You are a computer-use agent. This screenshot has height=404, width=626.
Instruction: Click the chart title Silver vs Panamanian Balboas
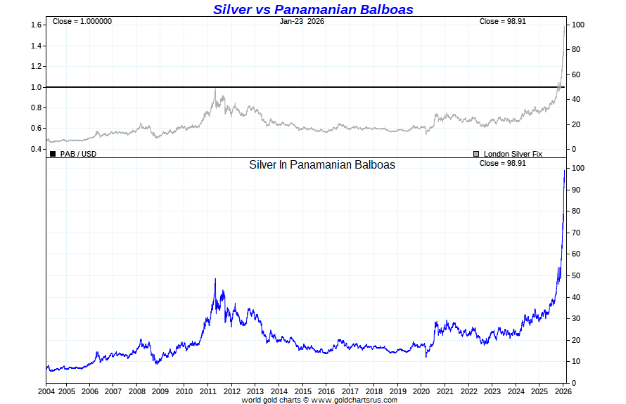coord(313,9)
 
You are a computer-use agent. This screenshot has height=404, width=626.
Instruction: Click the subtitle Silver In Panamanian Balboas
coord(322,165)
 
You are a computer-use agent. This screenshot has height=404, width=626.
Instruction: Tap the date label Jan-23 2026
coord(302,21)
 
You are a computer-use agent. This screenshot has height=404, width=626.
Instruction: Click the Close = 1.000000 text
coord(82,21)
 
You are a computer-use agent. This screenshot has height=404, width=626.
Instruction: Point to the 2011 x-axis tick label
coord(207,391)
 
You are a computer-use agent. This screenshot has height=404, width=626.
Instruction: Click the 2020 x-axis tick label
coord(421,391)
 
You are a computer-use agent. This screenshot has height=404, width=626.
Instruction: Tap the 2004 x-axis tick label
coord(46,391)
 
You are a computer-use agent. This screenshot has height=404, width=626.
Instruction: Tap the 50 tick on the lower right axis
coord(577,275)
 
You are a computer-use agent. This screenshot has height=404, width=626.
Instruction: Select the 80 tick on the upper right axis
coord(577,50)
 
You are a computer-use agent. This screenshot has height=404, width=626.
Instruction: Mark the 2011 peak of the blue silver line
coord(215,279)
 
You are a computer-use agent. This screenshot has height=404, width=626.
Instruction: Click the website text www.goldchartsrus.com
coord(354,400)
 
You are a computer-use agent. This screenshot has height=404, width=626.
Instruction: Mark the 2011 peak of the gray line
coord(215,89)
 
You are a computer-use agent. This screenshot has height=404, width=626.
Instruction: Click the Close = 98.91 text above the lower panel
coord(502,164)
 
